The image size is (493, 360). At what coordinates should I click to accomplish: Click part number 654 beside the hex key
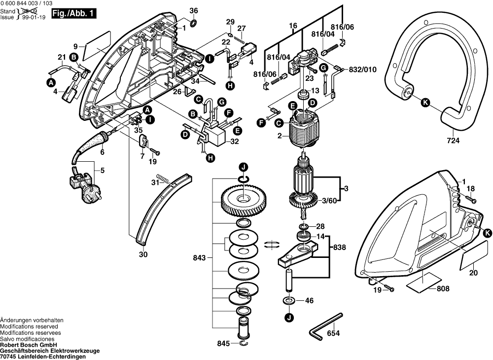tap(333, 334)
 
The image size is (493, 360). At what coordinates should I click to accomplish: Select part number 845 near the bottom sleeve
tap(223, 343)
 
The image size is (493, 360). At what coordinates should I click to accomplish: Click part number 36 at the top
tap(193, 10)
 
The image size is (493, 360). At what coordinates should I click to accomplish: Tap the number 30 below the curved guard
tap(143, 255)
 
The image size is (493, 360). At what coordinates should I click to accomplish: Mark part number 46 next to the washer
tap(309, 300)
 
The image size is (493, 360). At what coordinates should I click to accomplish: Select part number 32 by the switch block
tap(234, 141)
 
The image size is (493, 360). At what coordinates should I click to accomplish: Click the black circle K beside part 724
tap(425, 103)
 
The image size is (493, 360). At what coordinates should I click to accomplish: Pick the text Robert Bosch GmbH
tap(29, 345)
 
